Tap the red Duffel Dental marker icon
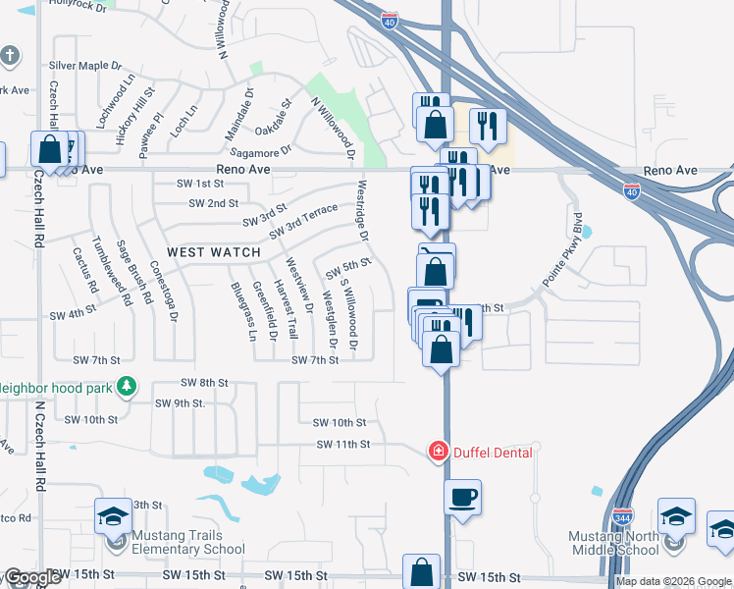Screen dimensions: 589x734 click(438, 452)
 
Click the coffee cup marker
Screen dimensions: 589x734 click(462, 497)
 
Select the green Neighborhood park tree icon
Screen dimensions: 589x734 click(126, 388)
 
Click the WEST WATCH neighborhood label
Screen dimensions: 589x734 click(214, 252)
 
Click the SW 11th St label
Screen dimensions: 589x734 click(343, 445)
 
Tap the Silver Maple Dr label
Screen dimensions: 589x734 click(91, 66)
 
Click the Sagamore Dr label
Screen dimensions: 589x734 click(260, 150)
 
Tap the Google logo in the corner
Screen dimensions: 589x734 click(31, 577)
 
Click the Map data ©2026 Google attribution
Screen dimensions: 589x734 click(672, 581)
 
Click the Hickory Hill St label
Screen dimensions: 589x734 click(136, 117)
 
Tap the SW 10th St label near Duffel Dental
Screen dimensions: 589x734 click(340, 423)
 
